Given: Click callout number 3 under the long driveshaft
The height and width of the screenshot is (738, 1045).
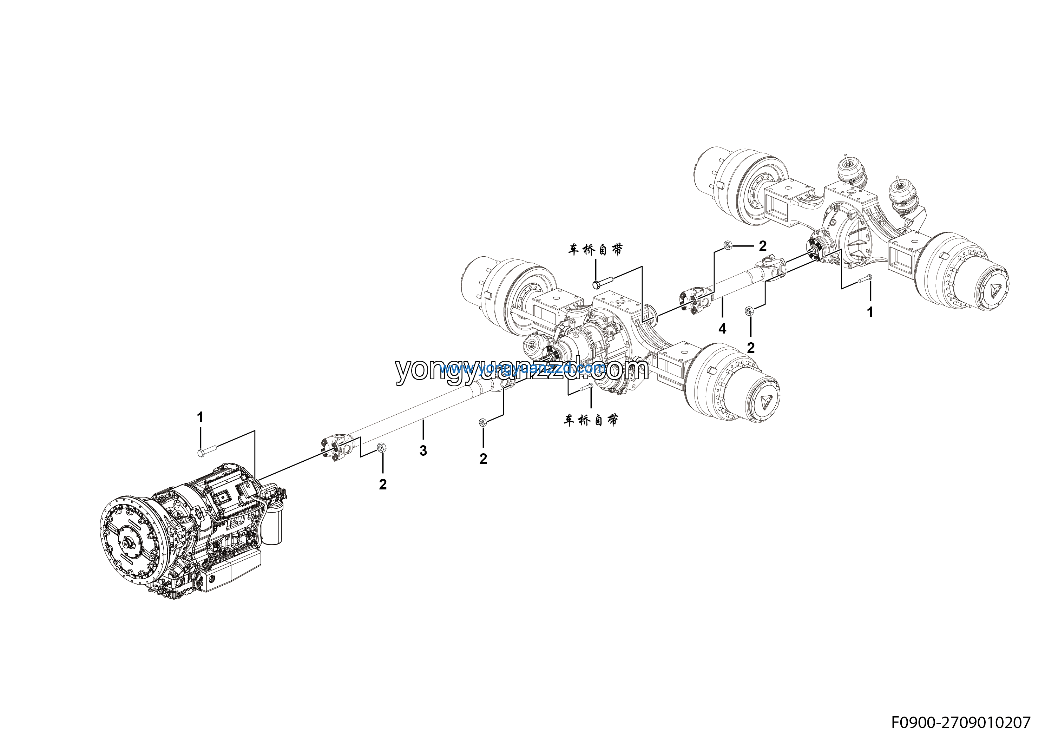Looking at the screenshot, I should pos(423,451).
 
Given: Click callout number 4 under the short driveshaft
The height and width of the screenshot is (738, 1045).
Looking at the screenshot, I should pos(722,329).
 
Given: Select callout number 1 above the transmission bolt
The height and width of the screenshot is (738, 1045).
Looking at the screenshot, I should pos(200,417).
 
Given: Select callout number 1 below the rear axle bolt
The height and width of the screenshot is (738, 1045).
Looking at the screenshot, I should pos(870,312).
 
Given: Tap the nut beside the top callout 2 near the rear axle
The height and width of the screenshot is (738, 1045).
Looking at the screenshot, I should pos(727,246).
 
